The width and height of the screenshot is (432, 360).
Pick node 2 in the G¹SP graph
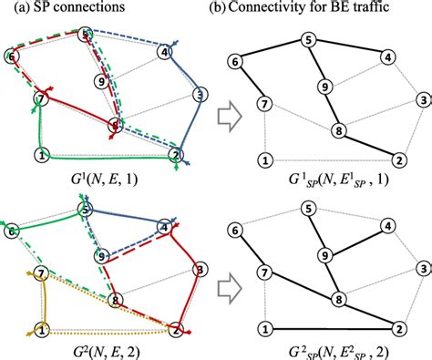399,159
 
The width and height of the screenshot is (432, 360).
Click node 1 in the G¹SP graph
265,159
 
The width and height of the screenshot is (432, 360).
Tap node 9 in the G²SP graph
324,256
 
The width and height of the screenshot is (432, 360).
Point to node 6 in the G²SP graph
236,231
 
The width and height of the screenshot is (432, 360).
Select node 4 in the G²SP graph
387,225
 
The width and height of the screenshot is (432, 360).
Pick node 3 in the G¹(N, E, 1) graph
200,93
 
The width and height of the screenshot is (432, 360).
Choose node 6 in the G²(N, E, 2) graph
11,231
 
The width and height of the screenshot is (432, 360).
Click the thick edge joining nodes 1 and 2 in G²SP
332,328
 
